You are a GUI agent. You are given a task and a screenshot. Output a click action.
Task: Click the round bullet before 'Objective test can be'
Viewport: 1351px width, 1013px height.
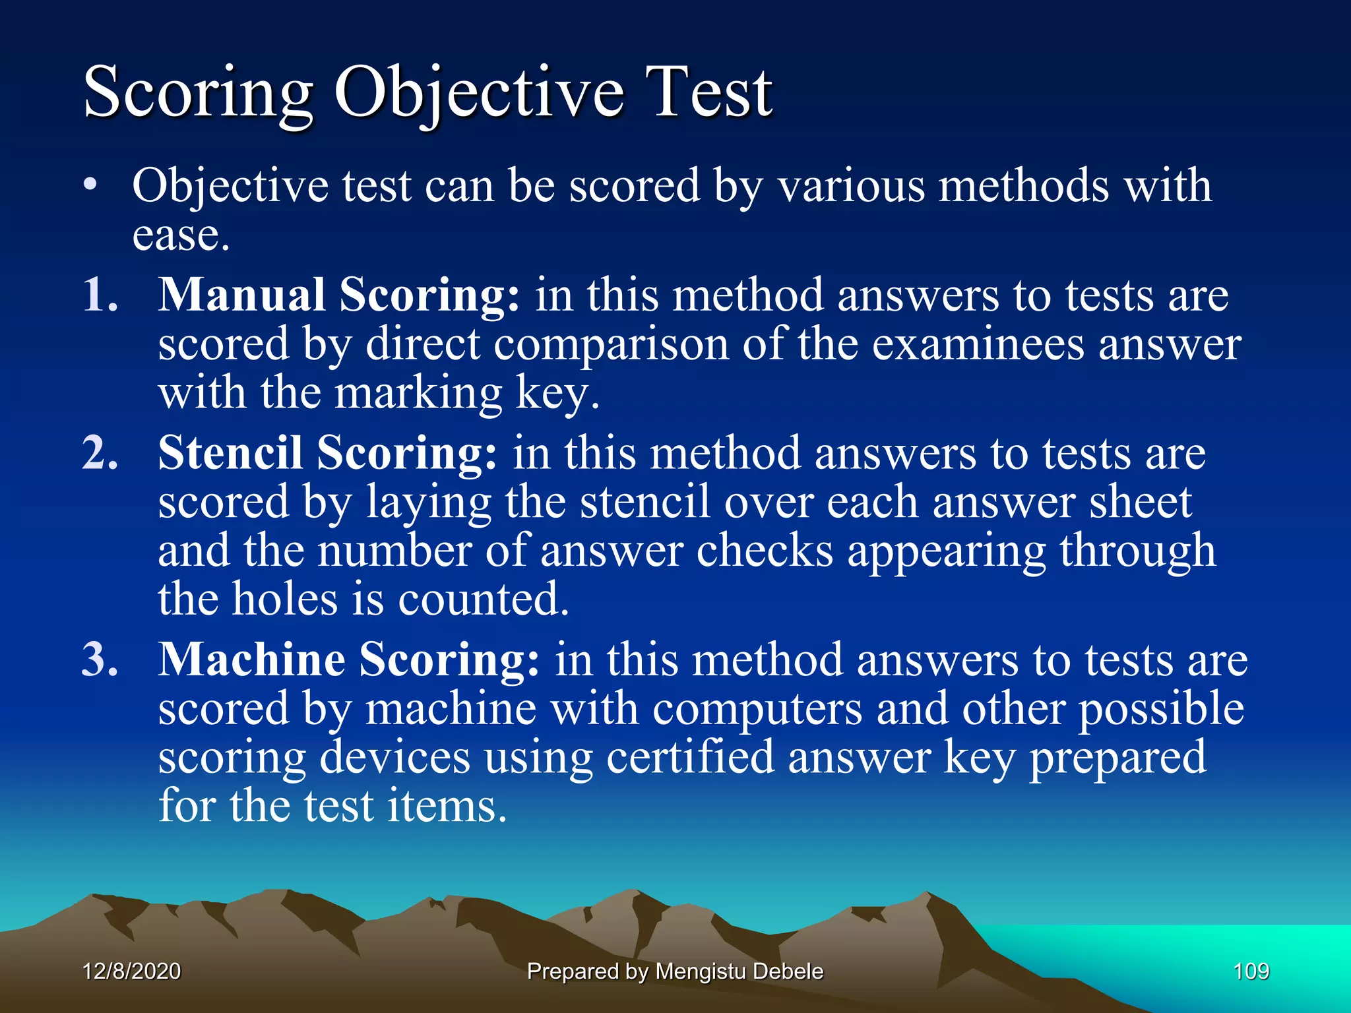[x=90, y=185]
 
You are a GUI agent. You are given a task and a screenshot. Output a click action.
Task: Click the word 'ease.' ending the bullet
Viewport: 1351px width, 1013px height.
[x=181, y=235]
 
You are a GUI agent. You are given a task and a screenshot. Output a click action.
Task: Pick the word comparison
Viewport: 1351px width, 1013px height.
[x=611, y=345]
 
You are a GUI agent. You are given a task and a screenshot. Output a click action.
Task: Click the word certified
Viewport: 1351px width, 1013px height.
[x=689, y=757]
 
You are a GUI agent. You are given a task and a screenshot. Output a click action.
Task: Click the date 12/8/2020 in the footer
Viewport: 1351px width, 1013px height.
[x=132, y=971]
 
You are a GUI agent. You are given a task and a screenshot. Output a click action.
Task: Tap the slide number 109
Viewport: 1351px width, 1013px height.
[x=1251, y=971]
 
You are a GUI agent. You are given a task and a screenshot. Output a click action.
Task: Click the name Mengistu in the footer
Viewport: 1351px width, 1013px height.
[x=701, y=971]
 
